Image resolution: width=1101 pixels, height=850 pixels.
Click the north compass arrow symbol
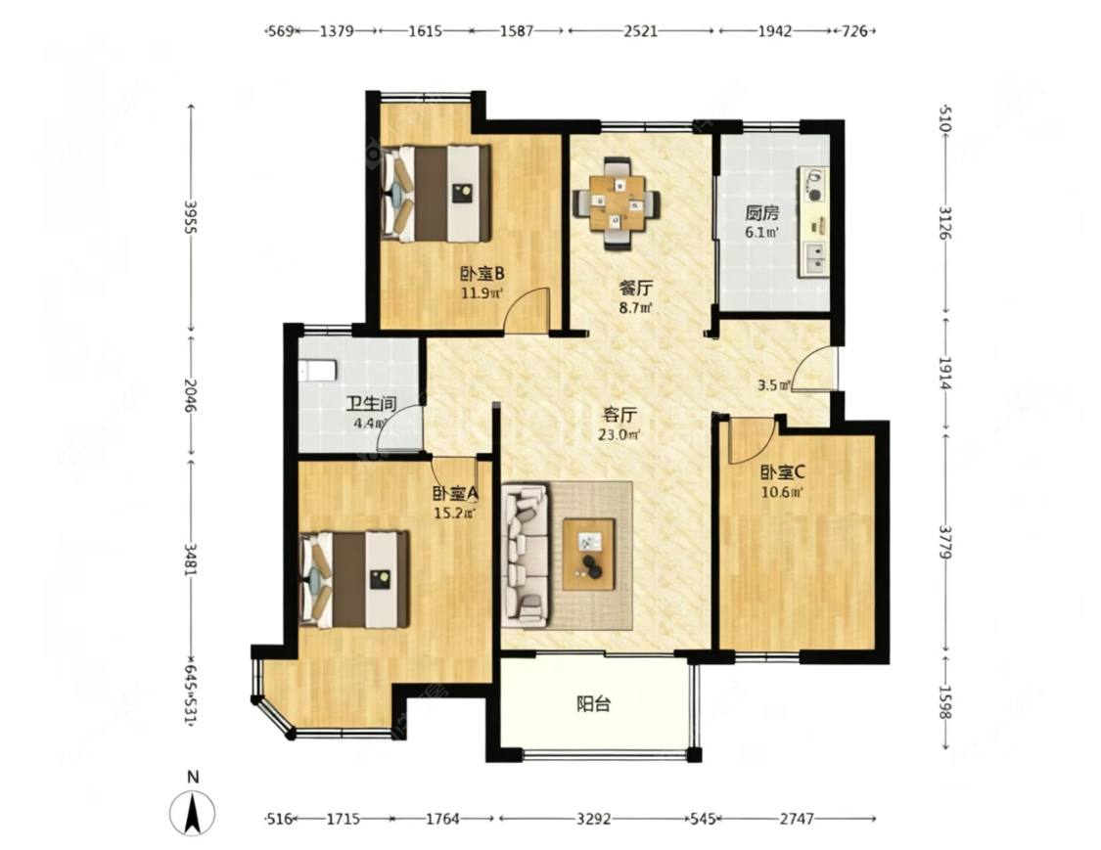coord(193,813)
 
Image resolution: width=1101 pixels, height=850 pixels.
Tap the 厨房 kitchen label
coord(761,212)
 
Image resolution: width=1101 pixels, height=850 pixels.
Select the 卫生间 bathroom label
coord(372,404)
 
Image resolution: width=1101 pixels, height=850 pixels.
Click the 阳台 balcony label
coord(593,704)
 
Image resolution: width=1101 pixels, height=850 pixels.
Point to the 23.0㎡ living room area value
coord(619,435)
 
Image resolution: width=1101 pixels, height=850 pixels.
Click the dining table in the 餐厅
coord(617,203)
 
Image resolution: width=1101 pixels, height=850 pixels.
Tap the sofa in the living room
coord(526,554)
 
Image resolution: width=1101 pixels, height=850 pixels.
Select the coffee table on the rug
coord(589,555)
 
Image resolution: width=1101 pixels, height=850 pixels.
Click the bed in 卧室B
coord(436,194)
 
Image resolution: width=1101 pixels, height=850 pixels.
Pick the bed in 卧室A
coord(354,580)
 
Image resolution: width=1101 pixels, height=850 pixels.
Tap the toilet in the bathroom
coord(317,371)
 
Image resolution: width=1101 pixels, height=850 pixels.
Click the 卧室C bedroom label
coord(782,472)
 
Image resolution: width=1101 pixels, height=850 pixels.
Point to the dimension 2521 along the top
coord(640,31)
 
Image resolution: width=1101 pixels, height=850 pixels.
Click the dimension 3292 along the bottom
coord(593,819)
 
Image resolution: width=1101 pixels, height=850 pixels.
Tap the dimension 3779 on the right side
coord(945,542)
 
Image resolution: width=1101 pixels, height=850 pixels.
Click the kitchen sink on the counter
coord(815,257)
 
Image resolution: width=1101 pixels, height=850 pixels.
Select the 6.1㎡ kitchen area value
coord(761,233)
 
